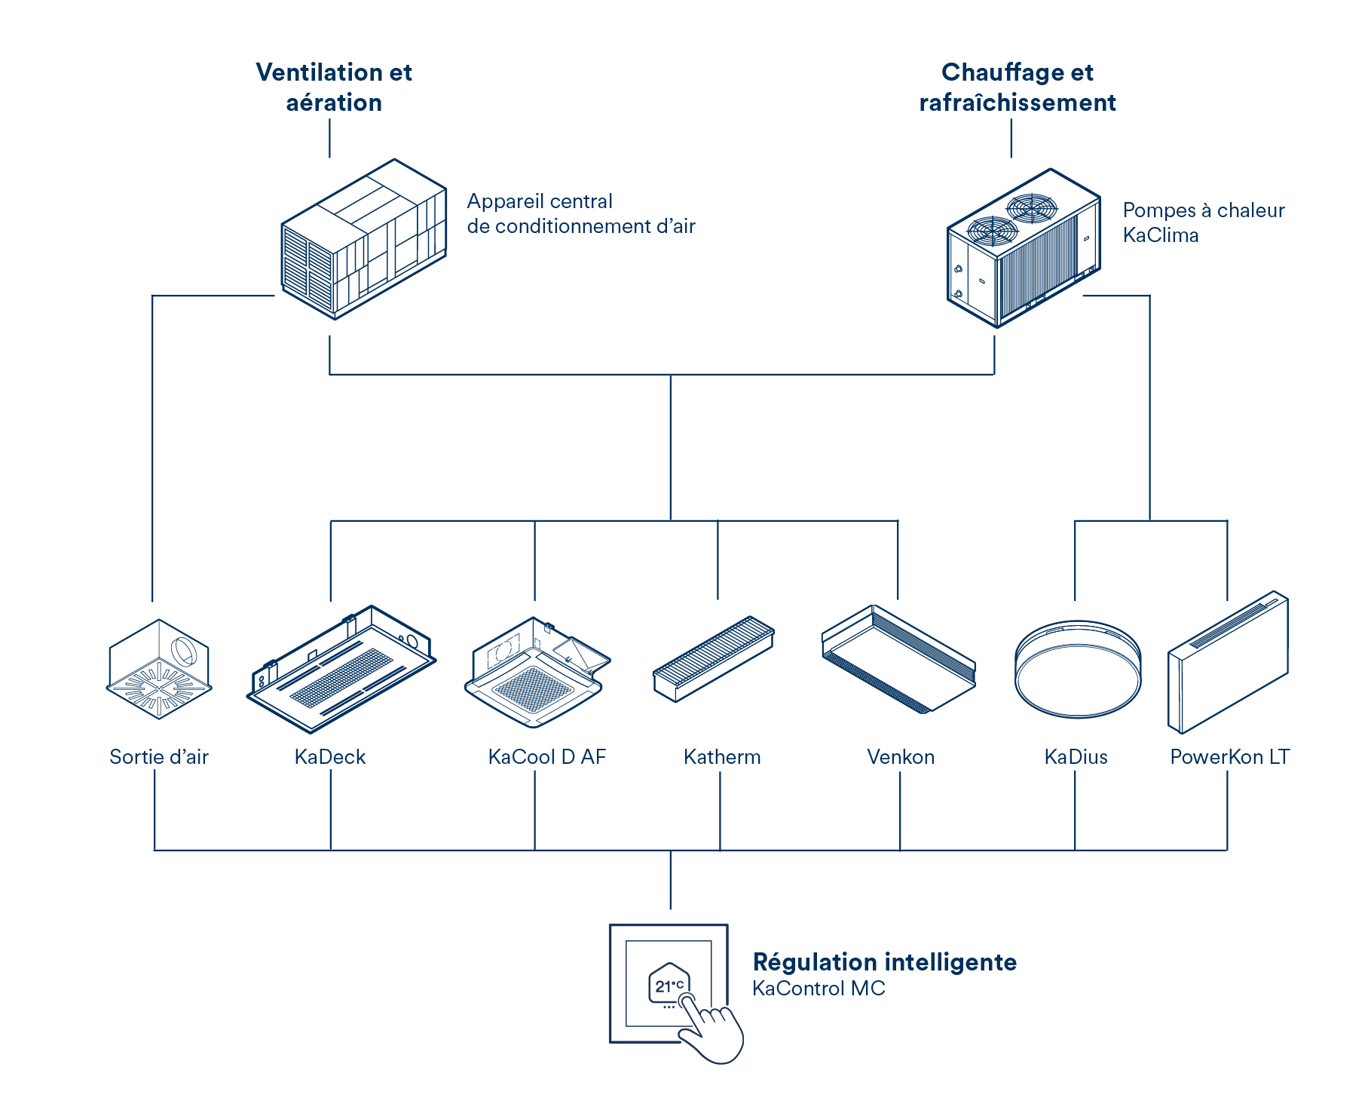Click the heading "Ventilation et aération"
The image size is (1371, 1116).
pos(334,87)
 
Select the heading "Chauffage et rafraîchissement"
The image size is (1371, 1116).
pos(1018,87)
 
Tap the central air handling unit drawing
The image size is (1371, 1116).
pos(365,240)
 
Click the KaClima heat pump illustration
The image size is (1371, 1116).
pos(1023,248)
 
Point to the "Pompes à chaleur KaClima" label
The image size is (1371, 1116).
pos(1203,222)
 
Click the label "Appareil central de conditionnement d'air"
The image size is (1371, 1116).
pos(580,213)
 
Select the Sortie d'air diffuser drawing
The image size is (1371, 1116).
pos(159,670)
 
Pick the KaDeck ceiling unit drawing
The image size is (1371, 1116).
pos(341,668)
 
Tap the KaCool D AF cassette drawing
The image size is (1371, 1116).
pos(536,672)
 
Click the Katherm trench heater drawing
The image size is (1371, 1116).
pos(713,658)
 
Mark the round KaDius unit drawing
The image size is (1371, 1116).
pos(1078,668)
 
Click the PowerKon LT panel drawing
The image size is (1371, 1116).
pos(1228,662)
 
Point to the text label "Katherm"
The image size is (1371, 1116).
pos(722,757)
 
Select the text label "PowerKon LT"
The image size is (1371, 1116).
pos(1229,757)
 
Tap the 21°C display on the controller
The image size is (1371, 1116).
pos(669,986)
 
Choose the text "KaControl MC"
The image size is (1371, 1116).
pos(819,989)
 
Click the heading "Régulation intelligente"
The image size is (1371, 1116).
pos(885,962)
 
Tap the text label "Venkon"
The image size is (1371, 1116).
pos(901,757)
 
